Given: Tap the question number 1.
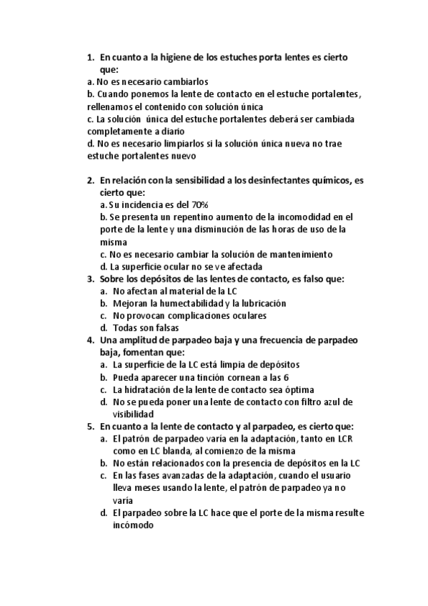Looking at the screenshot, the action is click(89, 56).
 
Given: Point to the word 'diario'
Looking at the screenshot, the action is click(179, 131).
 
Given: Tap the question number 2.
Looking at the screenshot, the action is click(89, 180).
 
